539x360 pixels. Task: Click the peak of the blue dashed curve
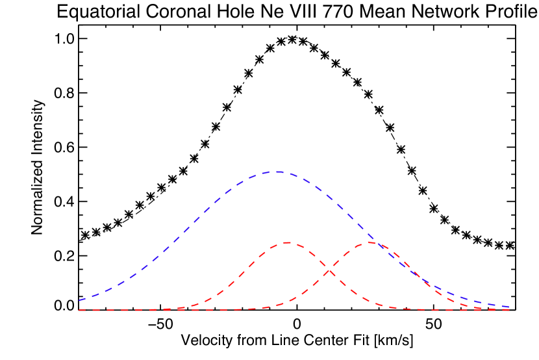278,172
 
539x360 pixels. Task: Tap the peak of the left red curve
286,242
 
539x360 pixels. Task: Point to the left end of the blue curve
79,300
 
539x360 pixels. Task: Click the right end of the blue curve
509,307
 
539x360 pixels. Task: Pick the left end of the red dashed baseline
79,310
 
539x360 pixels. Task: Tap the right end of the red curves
509,310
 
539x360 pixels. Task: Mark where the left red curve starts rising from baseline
182,307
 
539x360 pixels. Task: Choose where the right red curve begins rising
273,306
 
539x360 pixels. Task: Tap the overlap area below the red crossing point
329,292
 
